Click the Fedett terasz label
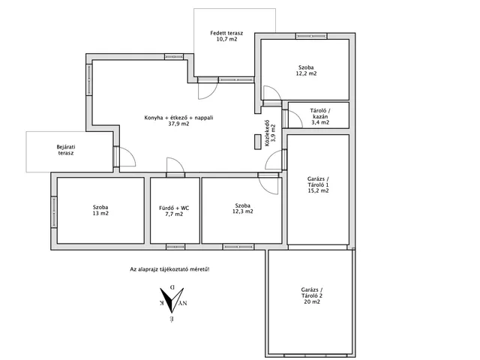[x=226, y=33]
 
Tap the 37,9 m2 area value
[x=178, y=124]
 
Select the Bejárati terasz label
[x=66, y=150]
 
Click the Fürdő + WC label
[x=174, y=208]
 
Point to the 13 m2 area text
[x=100, y=213]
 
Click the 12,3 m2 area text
[x=243, y=211]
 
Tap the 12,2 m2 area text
[x=306, y=73]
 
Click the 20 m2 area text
[x=312, y=301]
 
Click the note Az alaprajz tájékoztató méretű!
[x=170, y=270]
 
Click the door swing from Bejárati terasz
[x=127, y=157]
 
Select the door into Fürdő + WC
[x=175, y=167]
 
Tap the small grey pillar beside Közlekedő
[x=258, y=142]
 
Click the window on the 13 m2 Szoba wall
[x=54, y=211]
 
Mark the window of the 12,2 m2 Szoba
[x=311, y=36]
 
